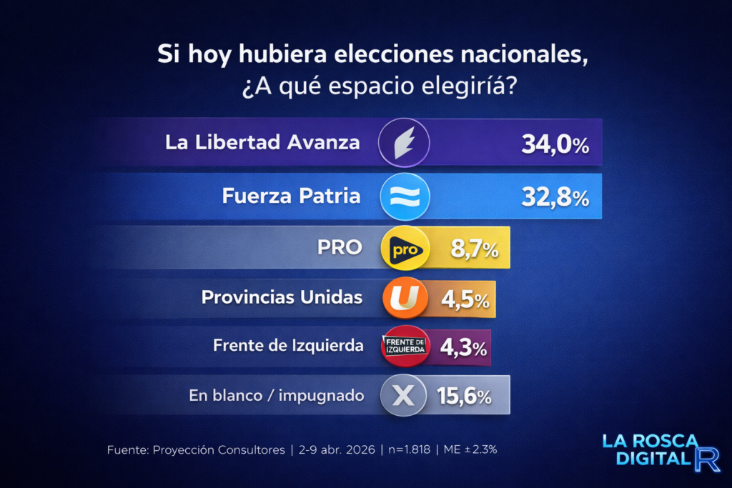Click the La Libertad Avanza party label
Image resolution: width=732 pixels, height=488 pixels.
(x=262, y=141)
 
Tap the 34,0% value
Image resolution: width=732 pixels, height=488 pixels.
(x=555, y=145)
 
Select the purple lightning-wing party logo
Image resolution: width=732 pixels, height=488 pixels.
(x=404, y=143)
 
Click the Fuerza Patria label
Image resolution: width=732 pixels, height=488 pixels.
(x=291, y=196)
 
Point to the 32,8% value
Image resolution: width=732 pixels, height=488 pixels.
(x=555, y=197)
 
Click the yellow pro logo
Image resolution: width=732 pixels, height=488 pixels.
(x=405, y=248)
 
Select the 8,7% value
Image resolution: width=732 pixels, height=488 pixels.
(x=474, y=250)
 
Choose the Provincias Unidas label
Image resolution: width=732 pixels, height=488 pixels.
(x=282, y=297)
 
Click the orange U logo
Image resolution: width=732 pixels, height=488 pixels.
(x=405, y=297)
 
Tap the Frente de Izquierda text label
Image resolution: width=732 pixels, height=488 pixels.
(x=288, y=345)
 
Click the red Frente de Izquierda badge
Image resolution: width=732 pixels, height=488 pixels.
(x=405, y=346)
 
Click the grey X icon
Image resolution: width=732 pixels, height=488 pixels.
(x=404, y=396)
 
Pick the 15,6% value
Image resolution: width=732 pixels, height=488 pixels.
(x=464, y=397)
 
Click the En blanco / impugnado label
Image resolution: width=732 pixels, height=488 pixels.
(x=277, y=395)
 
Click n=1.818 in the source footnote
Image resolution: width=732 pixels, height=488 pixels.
(x=405, y=450)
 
